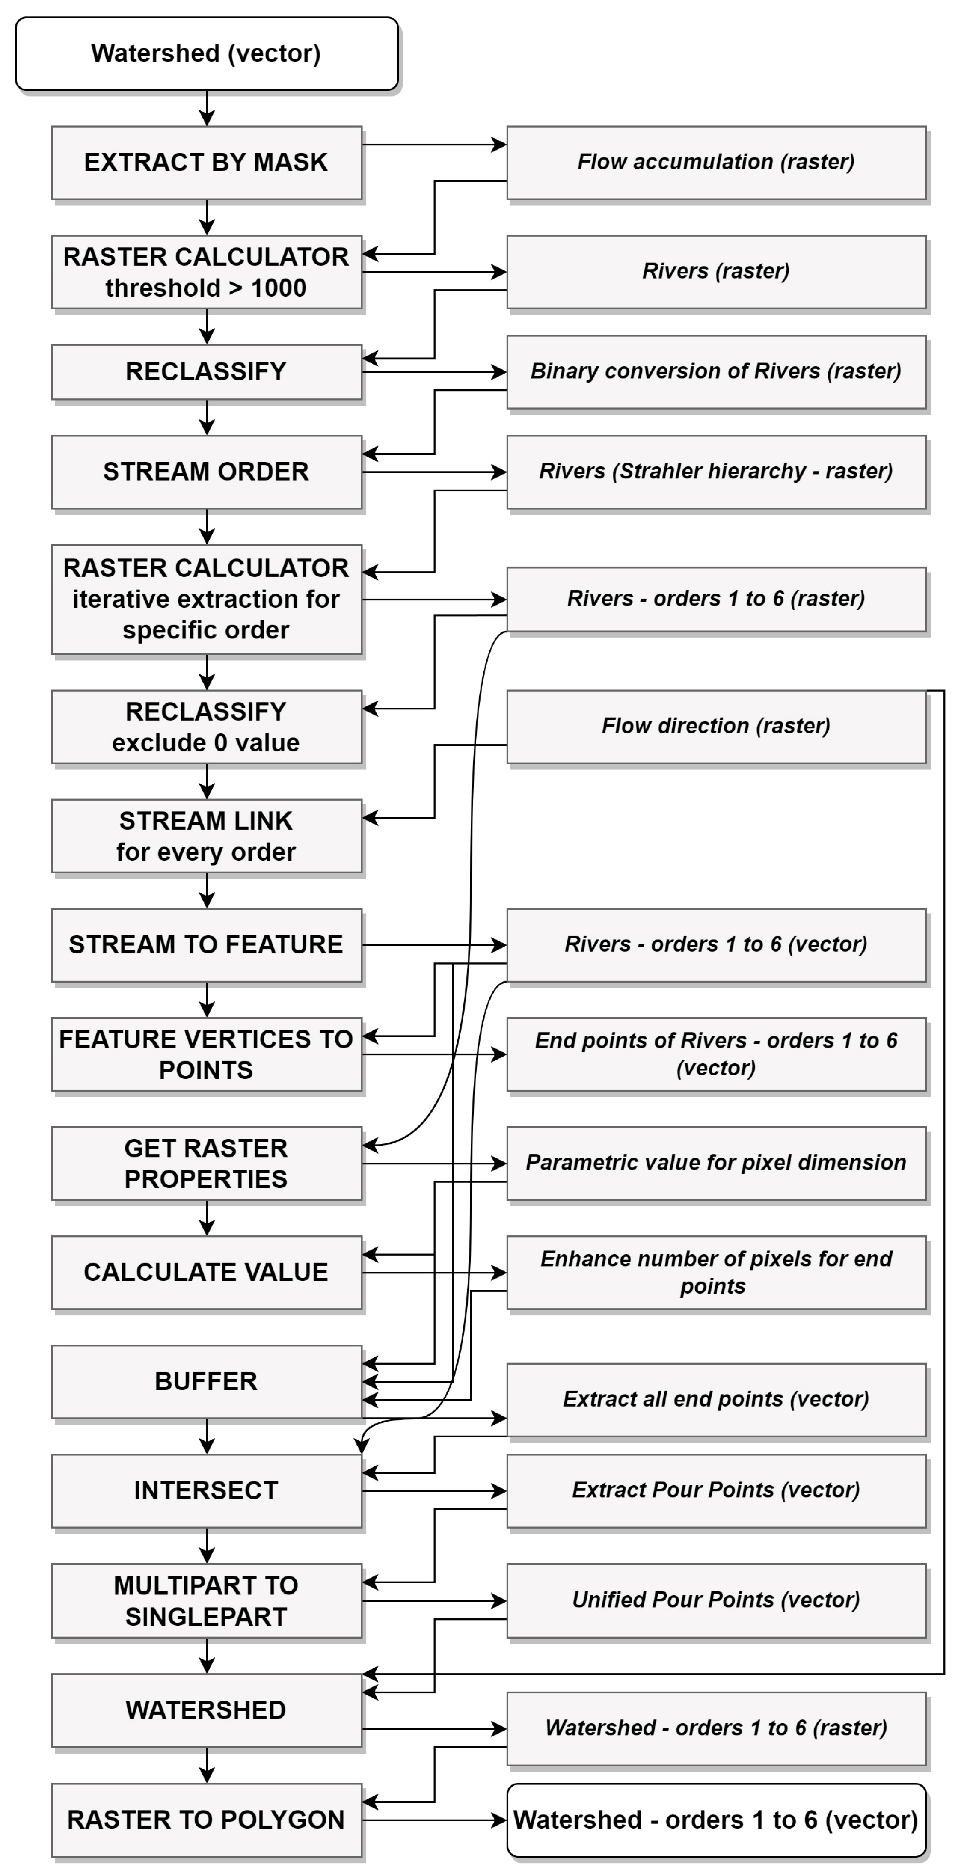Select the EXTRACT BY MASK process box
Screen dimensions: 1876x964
coord(207,163)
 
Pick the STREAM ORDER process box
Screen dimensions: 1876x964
coord(207,472)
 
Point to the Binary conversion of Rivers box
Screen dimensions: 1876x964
coord(716,371)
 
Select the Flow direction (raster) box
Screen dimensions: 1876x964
coord(716,726)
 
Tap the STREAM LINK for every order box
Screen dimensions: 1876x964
coord(207,836)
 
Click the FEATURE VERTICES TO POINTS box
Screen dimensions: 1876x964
coord(207,1054)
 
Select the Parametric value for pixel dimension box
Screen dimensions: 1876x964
coord(716,1163)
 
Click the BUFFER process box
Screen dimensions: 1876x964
coord(207,1381)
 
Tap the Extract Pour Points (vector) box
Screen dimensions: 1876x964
coord(716,1491)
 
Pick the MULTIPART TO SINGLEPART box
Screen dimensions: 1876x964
coord(207,1601)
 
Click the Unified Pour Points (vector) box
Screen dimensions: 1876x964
coord(716,1600)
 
